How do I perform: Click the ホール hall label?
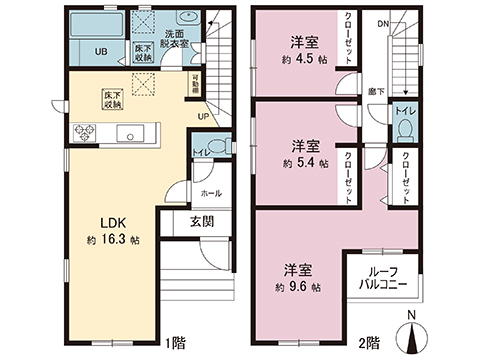pyautogui.click(x=211, y=193)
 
